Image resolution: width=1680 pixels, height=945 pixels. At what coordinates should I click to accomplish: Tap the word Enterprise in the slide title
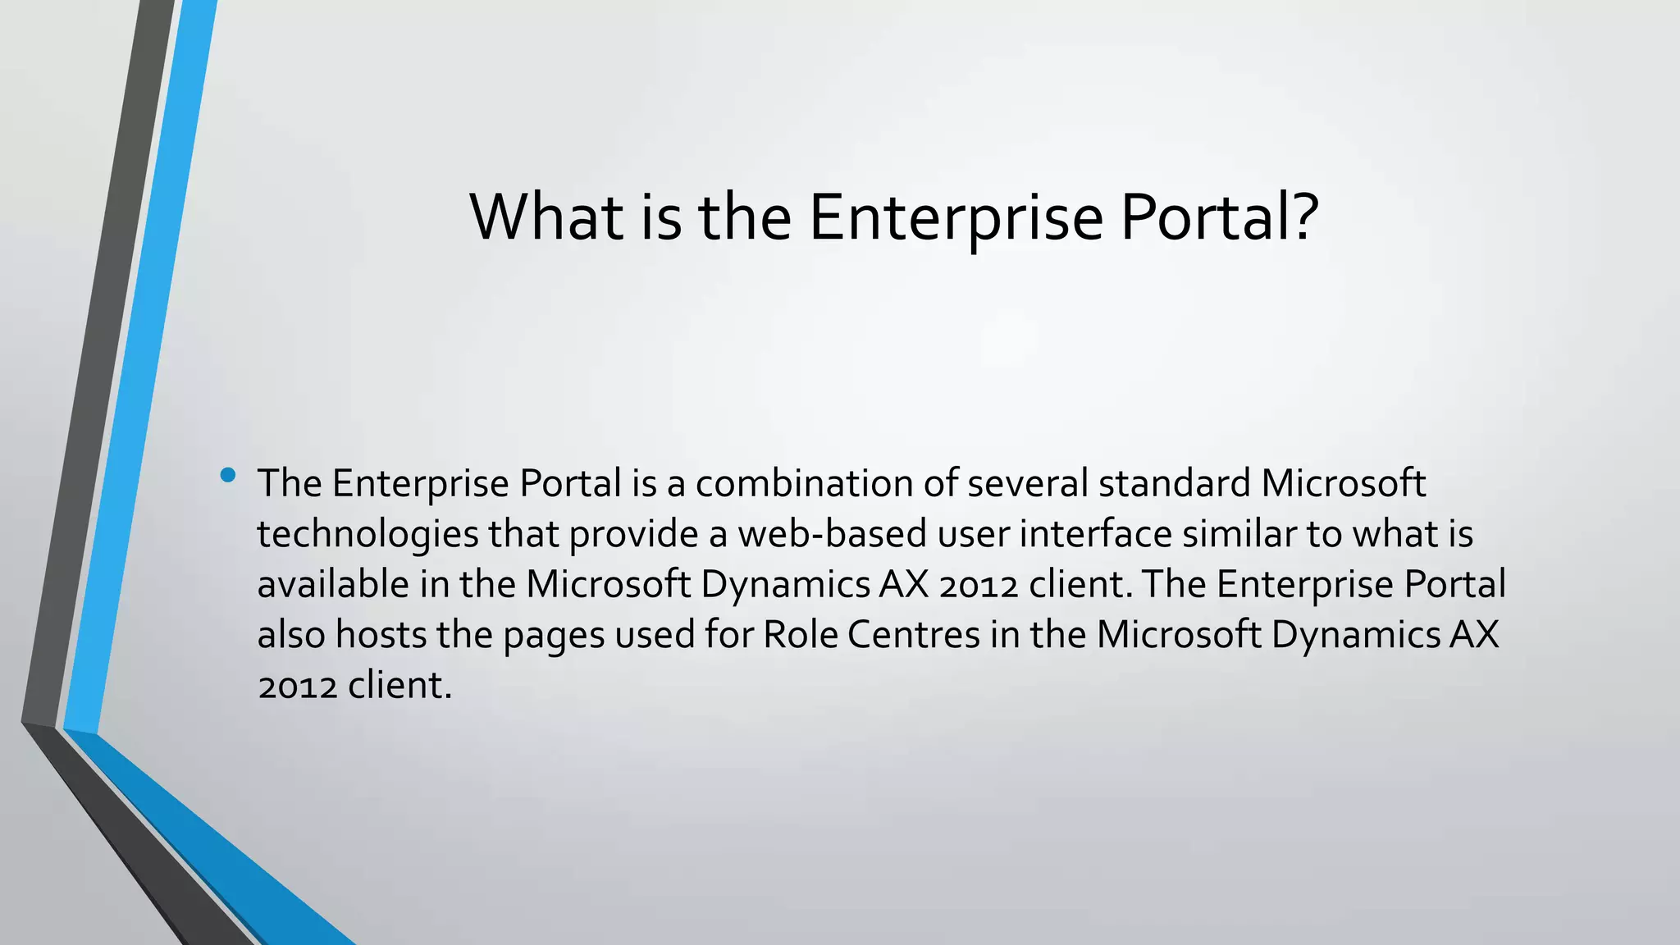(956, 218)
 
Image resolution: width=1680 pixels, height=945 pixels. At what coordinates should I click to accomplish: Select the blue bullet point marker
(228, 475)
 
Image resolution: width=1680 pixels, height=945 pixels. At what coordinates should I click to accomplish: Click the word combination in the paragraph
(804, 483)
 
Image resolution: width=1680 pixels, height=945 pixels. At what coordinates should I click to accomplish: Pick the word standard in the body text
(1174, 483)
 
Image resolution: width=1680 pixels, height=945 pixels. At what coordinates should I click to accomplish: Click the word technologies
(367, 535)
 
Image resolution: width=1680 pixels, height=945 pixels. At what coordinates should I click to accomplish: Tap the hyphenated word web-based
(832, 534)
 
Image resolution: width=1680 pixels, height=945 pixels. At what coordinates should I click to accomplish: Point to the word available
(333, 585)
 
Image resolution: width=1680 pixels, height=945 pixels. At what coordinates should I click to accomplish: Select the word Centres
(913, 635)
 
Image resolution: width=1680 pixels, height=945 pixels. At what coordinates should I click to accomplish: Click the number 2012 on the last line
(297, 686)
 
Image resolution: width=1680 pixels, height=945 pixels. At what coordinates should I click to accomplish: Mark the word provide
(633, 535)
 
